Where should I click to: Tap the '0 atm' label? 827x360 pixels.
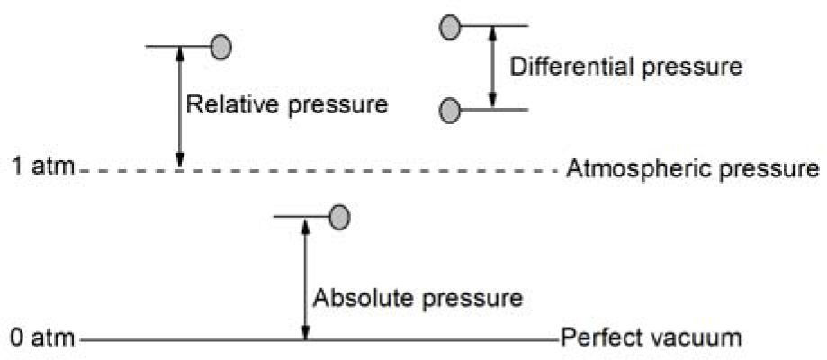(41, 339)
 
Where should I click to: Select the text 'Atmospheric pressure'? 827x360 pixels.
(692, 168)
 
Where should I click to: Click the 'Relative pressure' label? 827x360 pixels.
(286, 104)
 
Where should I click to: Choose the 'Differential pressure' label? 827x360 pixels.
(625, 67)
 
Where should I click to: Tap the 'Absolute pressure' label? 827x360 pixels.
(417, 296)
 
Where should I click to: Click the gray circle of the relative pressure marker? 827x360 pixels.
(220, 46)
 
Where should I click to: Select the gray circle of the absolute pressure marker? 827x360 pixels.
(338, 216)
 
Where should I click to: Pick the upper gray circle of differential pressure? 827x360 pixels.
(450, 28)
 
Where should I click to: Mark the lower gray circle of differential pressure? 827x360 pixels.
(450, 111)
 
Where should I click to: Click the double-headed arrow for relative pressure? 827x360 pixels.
(179, 106)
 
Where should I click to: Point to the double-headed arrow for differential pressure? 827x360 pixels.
(491, 67)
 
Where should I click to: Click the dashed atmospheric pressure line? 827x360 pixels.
(360, 168)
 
